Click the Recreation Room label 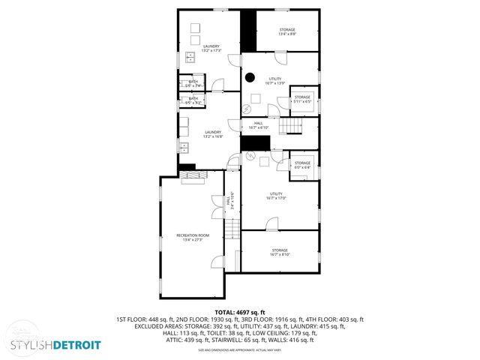pos(193,238)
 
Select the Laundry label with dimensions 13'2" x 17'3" pos(211,49)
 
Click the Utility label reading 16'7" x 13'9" pos(275,81)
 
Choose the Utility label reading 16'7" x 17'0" pos(276,196)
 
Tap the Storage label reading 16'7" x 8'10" pos(280,252)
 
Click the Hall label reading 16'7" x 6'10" pos(257,126)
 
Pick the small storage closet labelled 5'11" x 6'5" pos(302,99)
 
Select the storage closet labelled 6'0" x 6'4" pos(302,164)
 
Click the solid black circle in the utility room pos(251,76)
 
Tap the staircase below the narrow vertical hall pos(232,229)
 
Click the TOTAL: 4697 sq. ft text pos(240,312)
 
